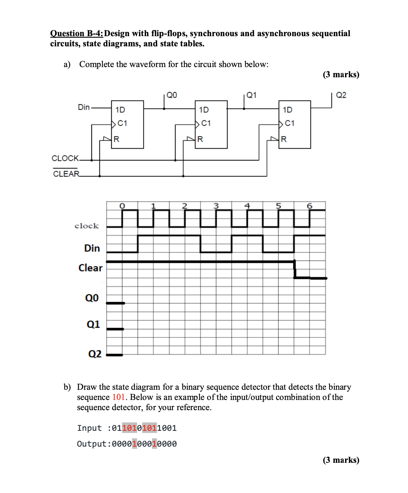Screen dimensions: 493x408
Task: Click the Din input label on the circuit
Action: (x=84, y=107)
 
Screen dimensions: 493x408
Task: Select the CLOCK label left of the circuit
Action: (x=65, y=158)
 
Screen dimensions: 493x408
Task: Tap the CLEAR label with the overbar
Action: (x=66, y=174)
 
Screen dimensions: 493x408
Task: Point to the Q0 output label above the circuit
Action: (x=172, y=95)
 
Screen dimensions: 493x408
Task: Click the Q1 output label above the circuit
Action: (x=251, y=95)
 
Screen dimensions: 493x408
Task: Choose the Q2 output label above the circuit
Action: (x=341, y=95)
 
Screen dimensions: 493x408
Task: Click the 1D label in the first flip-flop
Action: (x=120, y=110)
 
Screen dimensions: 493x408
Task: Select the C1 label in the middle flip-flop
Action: (x=206, y=123)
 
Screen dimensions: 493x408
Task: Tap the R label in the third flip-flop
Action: (x=284, y=139)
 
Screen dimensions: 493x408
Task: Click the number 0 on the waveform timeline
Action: (x=122, y=206)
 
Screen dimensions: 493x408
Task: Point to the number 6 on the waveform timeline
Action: (x=310, y=206)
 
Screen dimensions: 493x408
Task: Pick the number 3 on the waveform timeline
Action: (x=216, y=206)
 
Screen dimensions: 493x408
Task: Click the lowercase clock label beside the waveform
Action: (x=87, y=226)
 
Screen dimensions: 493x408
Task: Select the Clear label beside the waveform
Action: (x=90, y=268)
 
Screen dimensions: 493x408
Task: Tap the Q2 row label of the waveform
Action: (x=95, y=354)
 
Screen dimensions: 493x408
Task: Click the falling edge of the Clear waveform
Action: (x=294, y=270)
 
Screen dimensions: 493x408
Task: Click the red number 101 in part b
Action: (x=119, y=397)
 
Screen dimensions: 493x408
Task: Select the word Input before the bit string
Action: (x=89, y=428)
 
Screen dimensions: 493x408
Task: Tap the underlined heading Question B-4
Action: (x=77, y=33)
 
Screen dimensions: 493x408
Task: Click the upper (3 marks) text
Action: (x=341, y=74)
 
